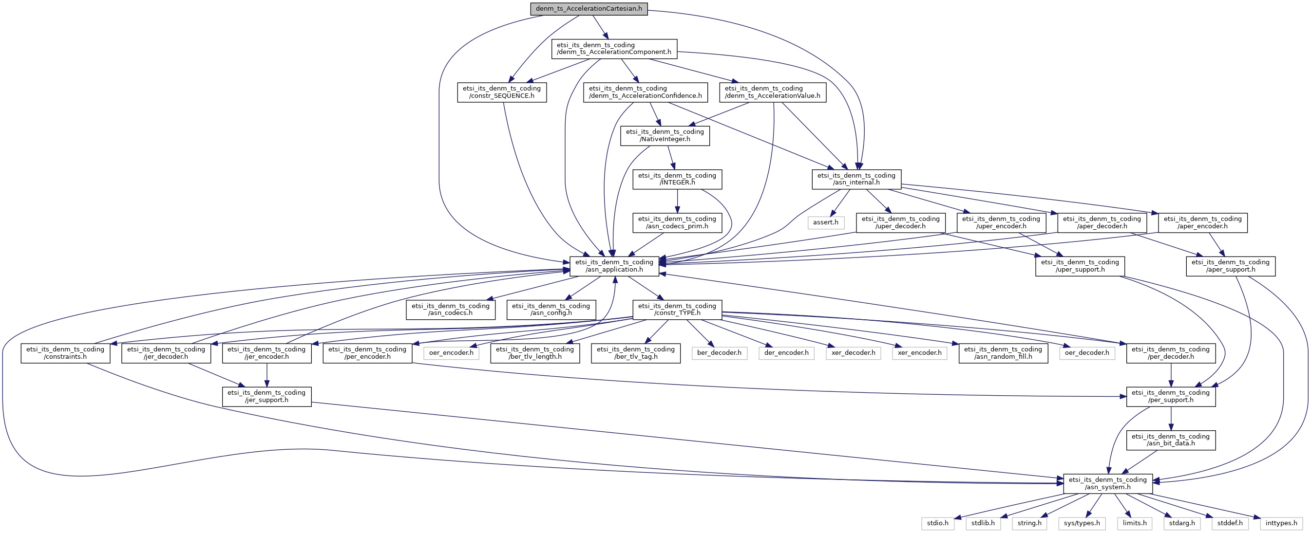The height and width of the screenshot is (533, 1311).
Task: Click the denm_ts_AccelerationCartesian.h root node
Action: point(589,9)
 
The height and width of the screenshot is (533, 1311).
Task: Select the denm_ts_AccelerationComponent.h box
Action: point(614,48)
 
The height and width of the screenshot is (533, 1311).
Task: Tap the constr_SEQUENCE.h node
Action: point(501,92)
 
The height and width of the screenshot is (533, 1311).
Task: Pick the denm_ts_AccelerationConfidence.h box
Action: point(645,92)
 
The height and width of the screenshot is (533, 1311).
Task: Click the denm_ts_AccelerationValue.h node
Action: point(772,92)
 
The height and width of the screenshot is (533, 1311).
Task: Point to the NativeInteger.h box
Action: point(665,135)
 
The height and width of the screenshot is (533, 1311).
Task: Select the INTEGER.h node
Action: point(677,179)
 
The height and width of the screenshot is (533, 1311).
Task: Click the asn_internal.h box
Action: point(856,179)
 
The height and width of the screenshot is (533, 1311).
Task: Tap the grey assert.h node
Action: point(825,222)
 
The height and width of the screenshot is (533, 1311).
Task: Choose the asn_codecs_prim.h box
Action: point(677,222)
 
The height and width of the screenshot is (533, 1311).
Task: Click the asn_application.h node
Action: point(614,266)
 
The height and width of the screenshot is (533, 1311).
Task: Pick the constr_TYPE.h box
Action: point(677,309)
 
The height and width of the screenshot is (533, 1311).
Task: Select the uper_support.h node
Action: point(1080,266)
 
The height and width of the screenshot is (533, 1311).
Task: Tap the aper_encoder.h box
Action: point(1202,222)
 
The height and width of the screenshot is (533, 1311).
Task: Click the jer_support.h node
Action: point(266,396)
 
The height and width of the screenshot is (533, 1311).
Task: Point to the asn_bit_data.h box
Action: point(1171,440)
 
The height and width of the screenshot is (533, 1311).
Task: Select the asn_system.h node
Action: point(1107,483)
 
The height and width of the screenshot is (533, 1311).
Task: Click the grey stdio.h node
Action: point(937,523)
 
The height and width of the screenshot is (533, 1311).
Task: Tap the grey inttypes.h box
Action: point(1281,523)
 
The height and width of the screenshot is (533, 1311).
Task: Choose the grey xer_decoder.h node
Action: point(853,352)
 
